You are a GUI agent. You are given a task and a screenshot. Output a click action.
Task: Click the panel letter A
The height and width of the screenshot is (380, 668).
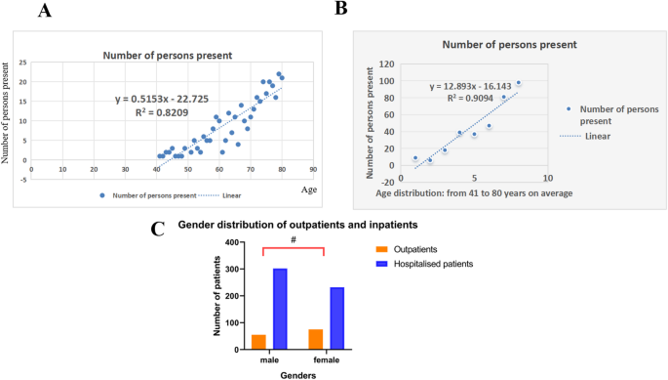click(x=43, y=11)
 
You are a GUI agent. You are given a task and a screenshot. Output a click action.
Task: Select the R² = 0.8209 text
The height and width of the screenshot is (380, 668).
click(x=161, y=112)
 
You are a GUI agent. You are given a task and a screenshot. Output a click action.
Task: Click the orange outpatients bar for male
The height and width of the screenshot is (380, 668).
click(x=259, y=341)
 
